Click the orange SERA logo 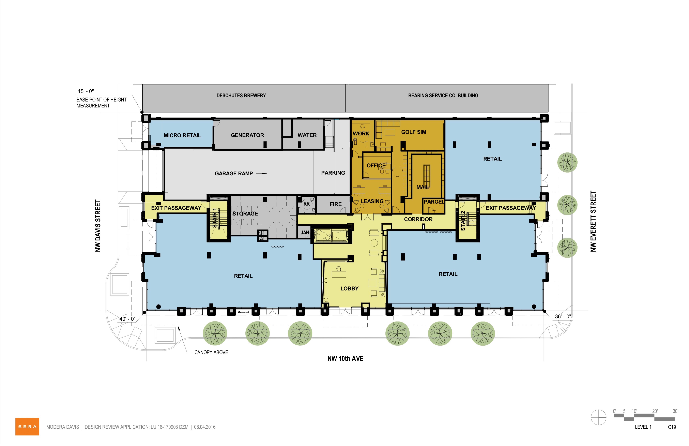(27, 427)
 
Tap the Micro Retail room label (182, 135)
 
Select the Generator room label (247, 135)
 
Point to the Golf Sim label (414, 132)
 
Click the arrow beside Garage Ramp (262, 174)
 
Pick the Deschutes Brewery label (241, 95)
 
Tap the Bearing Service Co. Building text (443, 95)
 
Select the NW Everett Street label (593, 221)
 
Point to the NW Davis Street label (98, 226)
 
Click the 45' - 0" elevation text (86, 91)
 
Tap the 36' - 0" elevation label (563, 316)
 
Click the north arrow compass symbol (598, 418)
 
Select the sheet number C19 (672, 427)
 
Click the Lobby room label (349, 288)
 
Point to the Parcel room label (434, 202)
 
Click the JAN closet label (305, 233)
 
